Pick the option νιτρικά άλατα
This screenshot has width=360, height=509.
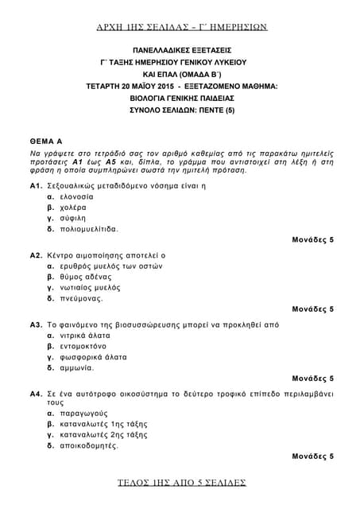(x=83, y=336)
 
